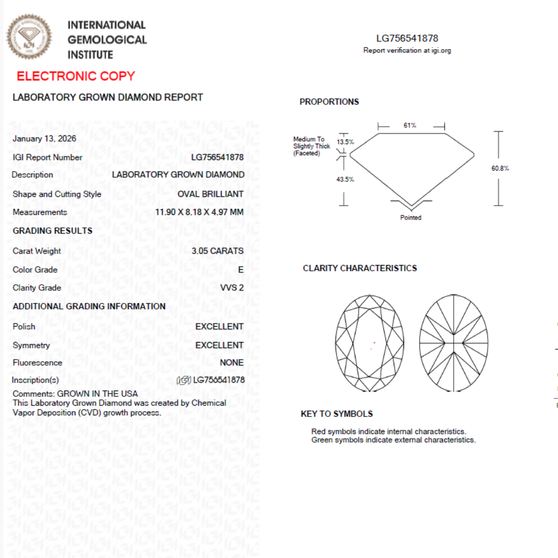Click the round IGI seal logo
[29, 37]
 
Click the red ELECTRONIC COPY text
[75, 76]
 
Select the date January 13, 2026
[44, 138]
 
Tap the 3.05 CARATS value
[217, 251]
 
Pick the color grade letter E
[241, 270]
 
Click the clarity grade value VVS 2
[232, 288]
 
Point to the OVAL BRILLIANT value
[210, 194]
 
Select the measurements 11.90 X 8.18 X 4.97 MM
[199, 212]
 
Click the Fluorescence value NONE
[231, 363]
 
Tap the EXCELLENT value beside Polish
[219, 327]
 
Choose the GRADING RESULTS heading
[53, 231]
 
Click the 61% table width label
[410, 126]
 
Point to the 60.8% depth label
[500, 168]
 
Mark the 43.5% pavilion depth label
[345, 179]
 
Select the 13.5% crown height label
[345, 142]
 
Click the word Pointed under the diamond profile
[411, 218]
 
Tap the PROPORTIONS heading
[329, 102]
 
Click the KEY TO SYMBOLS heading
[336, 414]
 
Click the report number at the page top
[407, 38]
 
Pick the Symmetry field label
[32, 346]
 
